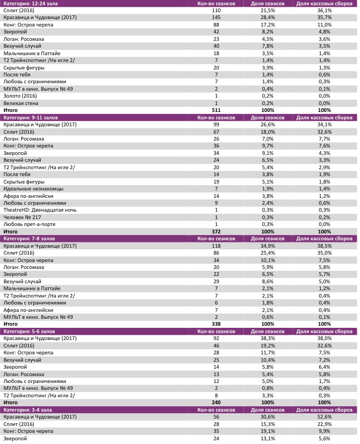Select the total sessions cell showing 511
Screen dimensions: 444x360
[216, 110]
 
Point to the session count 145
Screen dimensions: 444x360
[216, 18]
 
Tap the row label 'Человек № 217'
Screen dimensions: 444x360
[22, 217]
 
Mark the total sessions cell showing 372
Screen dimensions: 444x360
[216, 231]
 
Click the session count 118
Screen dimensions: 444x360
[216, 246]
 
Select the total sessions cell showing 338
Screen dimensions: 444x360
[216, 324]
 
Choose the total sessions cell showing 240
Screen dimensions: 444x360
[216, 402]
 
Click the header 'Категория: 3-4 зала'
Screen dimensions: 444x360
[29, 410]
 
